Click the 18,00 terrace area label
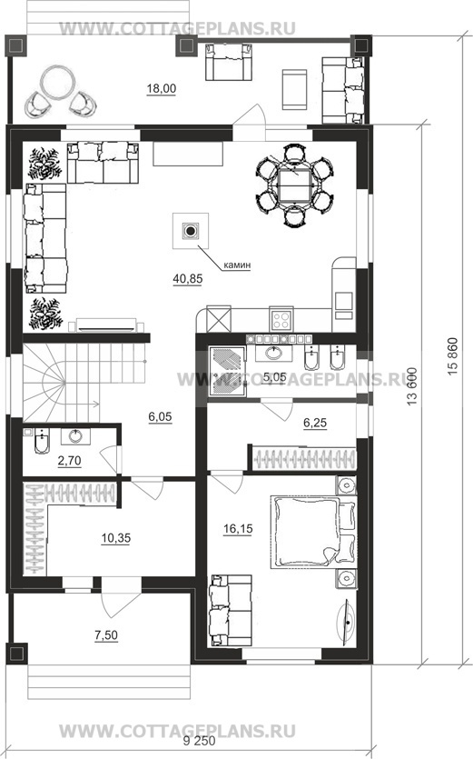162,88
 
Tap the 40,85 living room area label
188,278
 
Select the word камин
237,265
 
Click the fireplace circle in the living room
191,231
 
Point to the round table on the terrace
57,84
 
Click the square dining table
294,186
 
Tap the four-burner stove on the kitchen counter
281,319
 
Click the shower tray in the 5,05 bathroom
227,371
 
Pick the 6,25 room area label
315,423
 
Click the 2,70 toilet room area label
69,461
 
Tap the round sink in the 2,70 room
75,436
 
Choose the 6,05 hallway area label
160,417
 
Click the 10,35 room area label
116,538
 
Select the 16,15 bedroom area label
238,529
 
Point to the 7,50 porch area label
106,634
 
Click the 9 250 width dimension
199,742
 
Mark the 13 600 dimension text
411,386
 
